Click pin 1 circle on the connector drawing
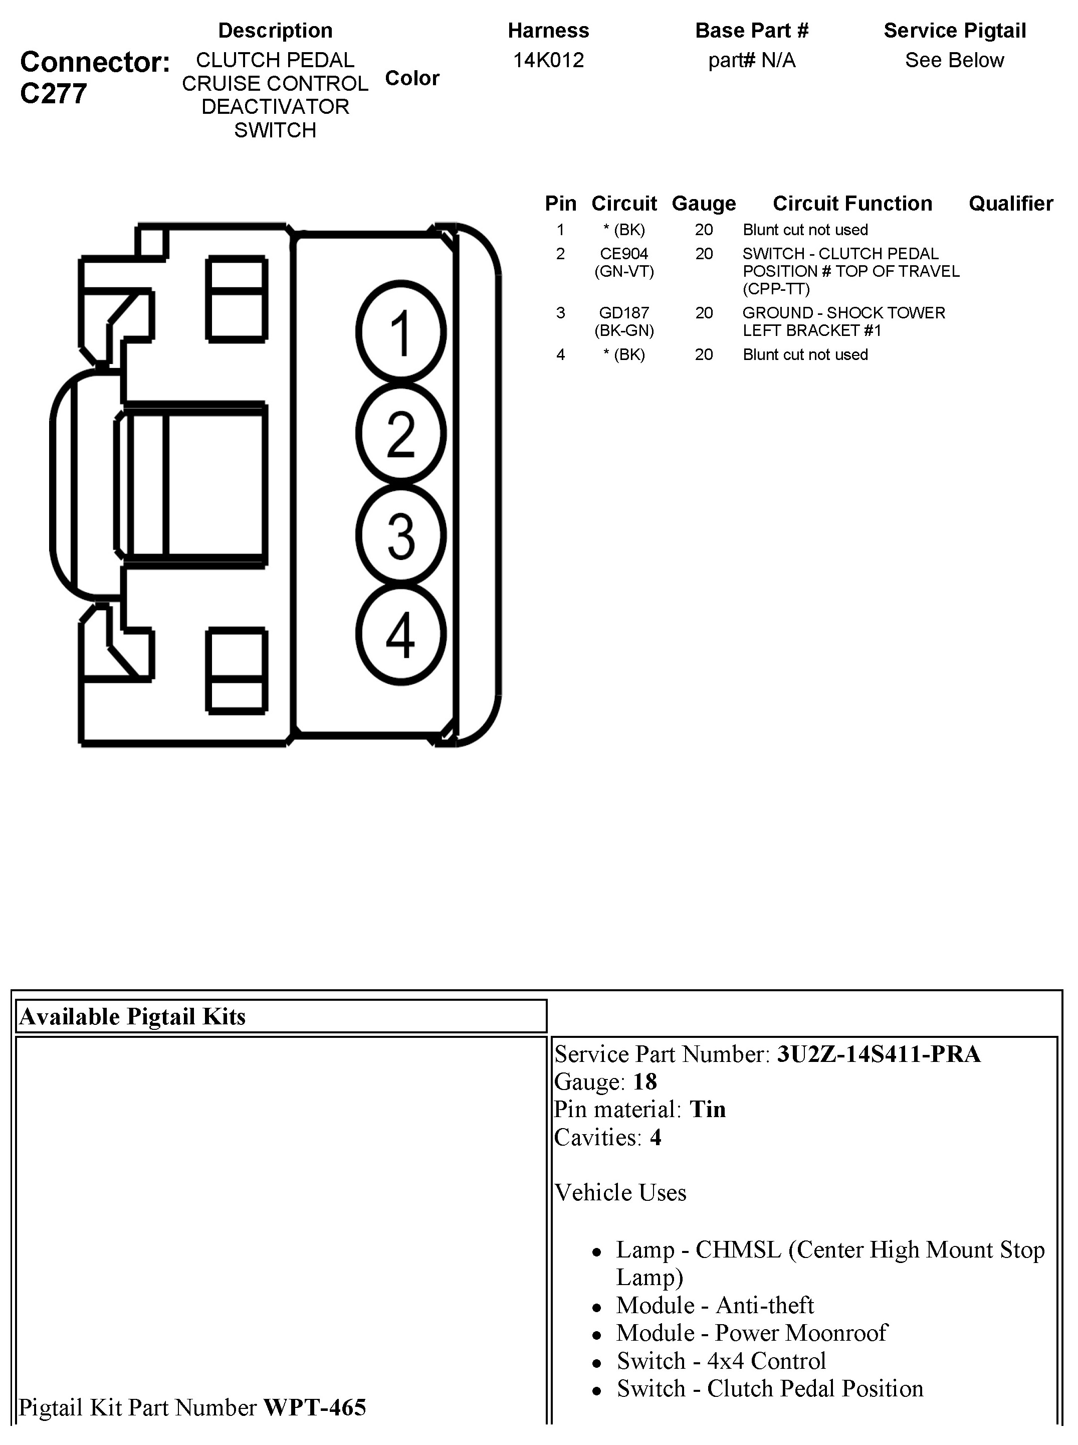[x=400, y=331]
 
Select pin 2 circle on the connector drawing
[x=400, y=433]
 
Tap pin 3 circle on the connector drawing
[x=400, y=534]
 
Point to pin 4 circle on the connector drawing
[x=400, y=634]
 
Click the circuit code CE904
[x=624, y=254]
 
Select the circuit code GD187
[x=624, y=313]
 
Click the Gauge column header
[x=704, y=204]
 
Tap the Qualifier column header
[x=1010, y=204]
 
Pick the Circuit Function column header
[x=852, y=204]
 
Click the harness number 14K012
[x=548, y=60]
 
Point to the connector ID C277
[x=54, y=94]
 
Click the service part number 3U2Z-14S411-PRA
[x=879, y=1054]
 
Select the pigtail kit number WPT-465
[x=315, y=1408]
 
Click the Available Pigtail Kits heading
[x=132, y=1017]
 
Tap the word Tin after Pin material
[x=708, y=1110]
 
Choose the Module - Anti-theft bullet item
[x=715, y=1305]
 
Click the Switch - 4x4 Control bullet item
[x=721, y=1361]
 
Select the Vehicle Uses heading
[x=620, y=1192]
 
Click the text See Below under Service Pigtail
[x=954, y=60]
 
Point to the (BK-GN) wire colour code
[x=624, y=331]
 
